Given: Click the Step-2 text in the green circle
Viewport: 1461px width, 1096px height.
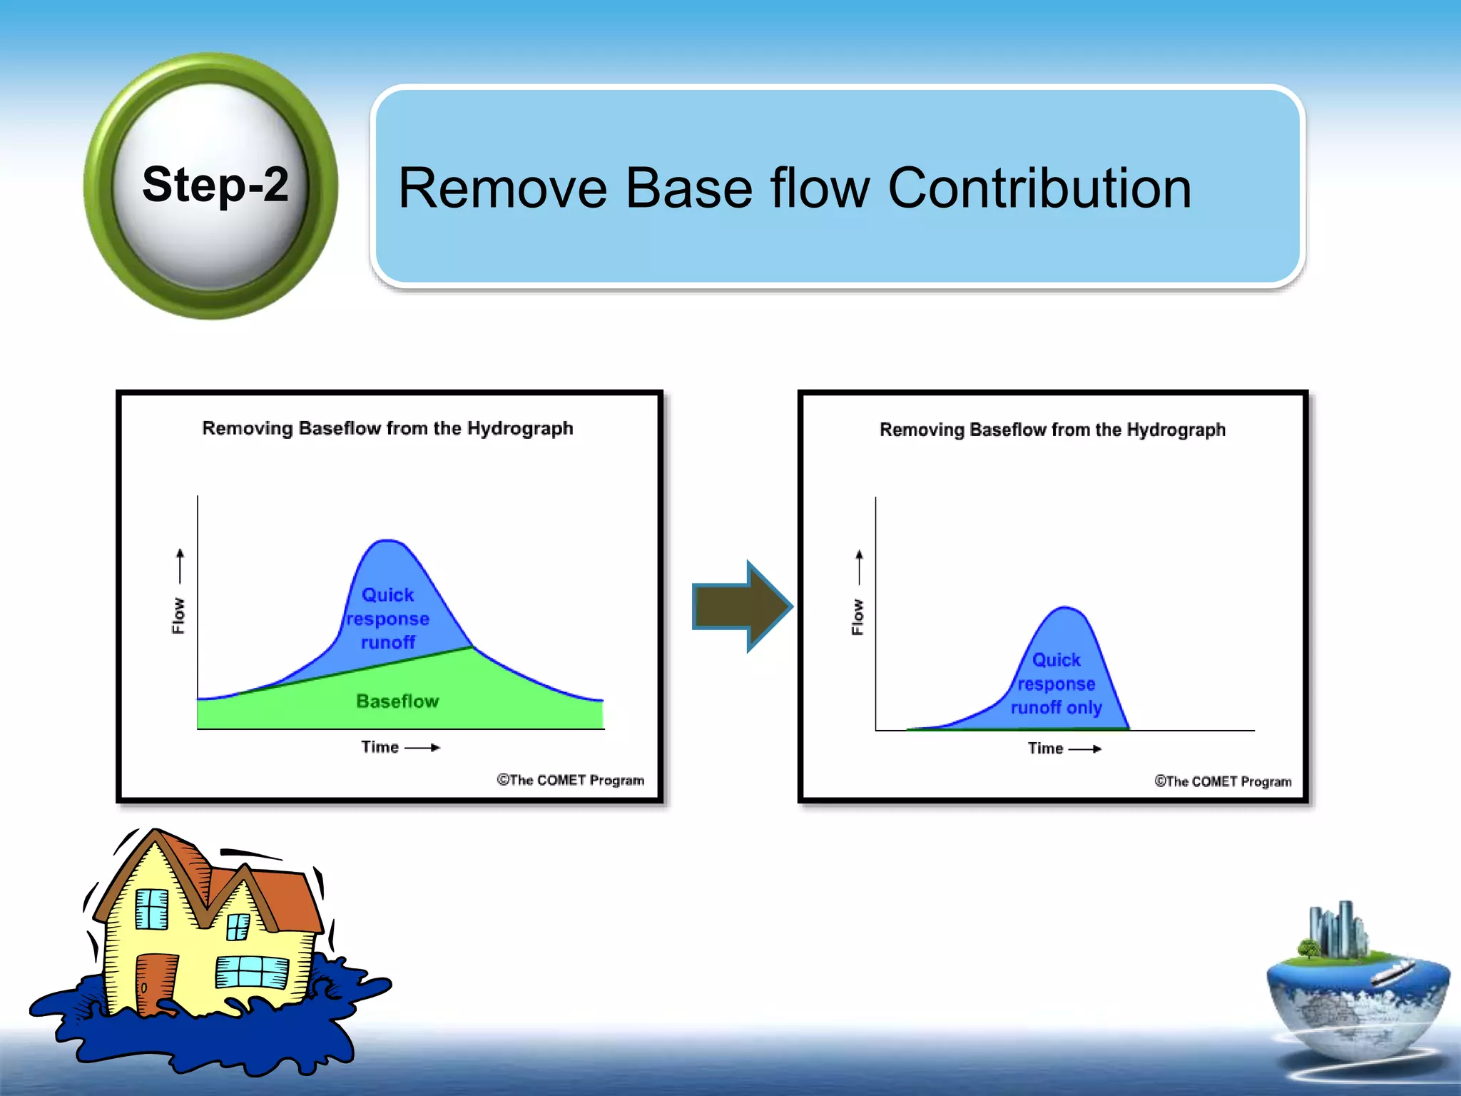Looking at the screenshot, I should click(215, 185).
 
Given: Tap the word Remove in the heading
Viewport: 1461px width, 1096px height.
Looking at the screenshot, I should click(502, 188).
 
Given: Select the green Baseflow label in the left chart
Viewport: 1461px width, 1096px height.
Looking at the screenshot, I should click(397, 701).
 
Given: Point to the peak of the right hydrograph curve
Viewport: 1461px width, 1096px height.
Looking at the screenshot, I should click(1064, 609).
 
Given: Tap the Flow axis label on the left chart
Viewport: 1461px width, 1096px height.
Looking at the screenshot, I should click(178, 616).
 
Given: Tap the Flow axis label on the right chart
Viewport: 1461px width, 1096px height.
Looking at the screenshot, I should click(857, 617).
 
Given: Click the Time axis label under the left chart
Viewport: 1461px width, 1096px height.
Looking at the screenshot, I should click(380, 747).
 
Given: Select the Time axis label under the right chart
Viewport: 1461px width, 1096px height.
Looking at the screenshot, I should click(1046, 749).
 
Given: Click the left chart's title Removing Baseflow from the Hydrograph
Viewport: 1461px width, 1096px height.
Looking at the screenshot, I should click(387, 428).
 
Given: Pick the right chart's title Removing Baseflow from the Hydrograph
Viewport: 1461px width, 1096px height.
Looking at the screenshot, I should click(1052, 430).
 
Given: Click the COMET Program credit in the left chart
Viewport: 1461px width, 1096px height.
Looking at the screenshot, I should click(571, 780).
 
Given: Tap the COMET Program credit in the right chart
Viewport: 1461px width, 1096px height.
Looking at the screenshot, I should click(1223, 781).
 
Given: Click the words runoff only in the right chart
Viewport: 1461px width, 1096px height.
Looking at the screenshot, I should click(1056, 708).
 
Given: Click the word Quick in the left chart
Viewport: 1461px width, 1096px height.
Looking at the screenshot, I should click(387, 595).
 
